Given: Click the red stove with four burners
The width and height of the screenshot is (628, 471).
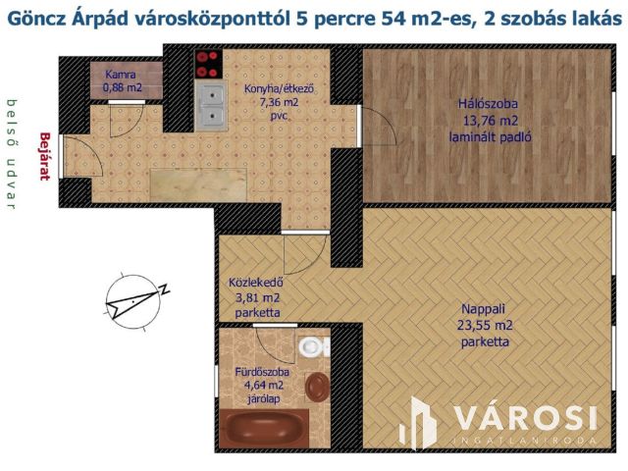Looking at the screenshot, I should point(208,65).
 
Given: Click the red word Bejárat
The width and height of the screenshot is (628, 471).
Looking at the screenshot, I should point(43,157).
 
